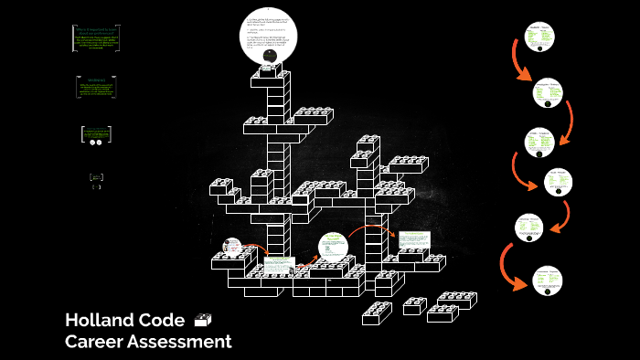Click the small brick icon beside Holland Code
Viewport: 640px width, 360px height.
click(203, 320)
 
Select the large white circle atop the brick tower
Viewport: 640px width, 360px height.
click(269, 37)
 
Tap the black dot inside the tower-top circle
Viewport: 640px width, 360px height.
click(269, 56)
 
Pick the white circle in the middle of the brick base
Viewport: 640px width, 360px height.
click(333, 247)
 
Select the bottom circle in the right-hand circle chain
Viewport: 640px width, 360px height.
click(548, 279)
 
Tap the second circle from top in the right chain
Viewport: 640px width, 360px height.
click(547, 91)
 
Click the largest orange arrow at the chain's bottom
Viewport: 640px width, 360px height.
click(508, 265)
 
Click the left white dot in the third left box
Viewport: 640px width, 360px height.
click(92, 142)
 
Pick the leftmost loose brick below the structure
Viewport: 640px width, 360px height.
click(377, 313)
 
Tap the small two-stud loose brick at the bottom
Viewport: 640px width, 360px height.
click(414, 305)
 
